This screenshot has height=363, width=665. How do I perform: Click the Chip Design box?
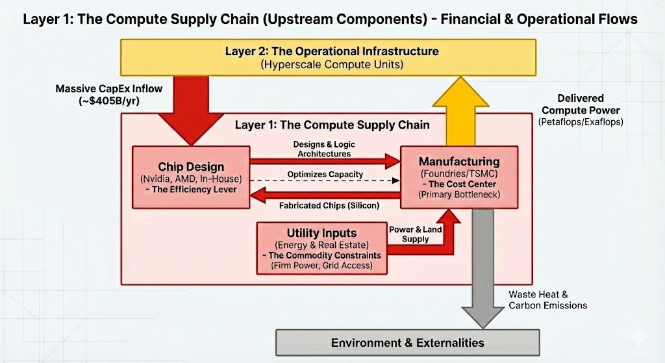coord(191,177)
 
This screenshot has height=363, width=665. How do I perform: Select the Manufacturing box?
coord(459,177)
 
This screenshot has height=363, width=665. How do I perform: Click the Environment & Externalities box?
coord(408,342)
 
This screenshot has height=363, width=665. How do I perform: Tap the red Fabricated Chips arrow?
coord(325,194)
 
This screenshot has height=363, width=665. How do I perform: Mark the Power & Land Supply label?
coord(415,234)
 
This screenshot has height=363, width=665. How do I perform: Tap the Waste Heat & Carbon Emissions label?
coord(547,299)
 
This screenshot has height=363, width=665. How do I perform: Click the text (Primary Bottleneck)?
coord(459,194)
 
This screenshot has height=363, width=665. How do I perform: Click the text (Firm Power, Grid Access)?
coord(321,266)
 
